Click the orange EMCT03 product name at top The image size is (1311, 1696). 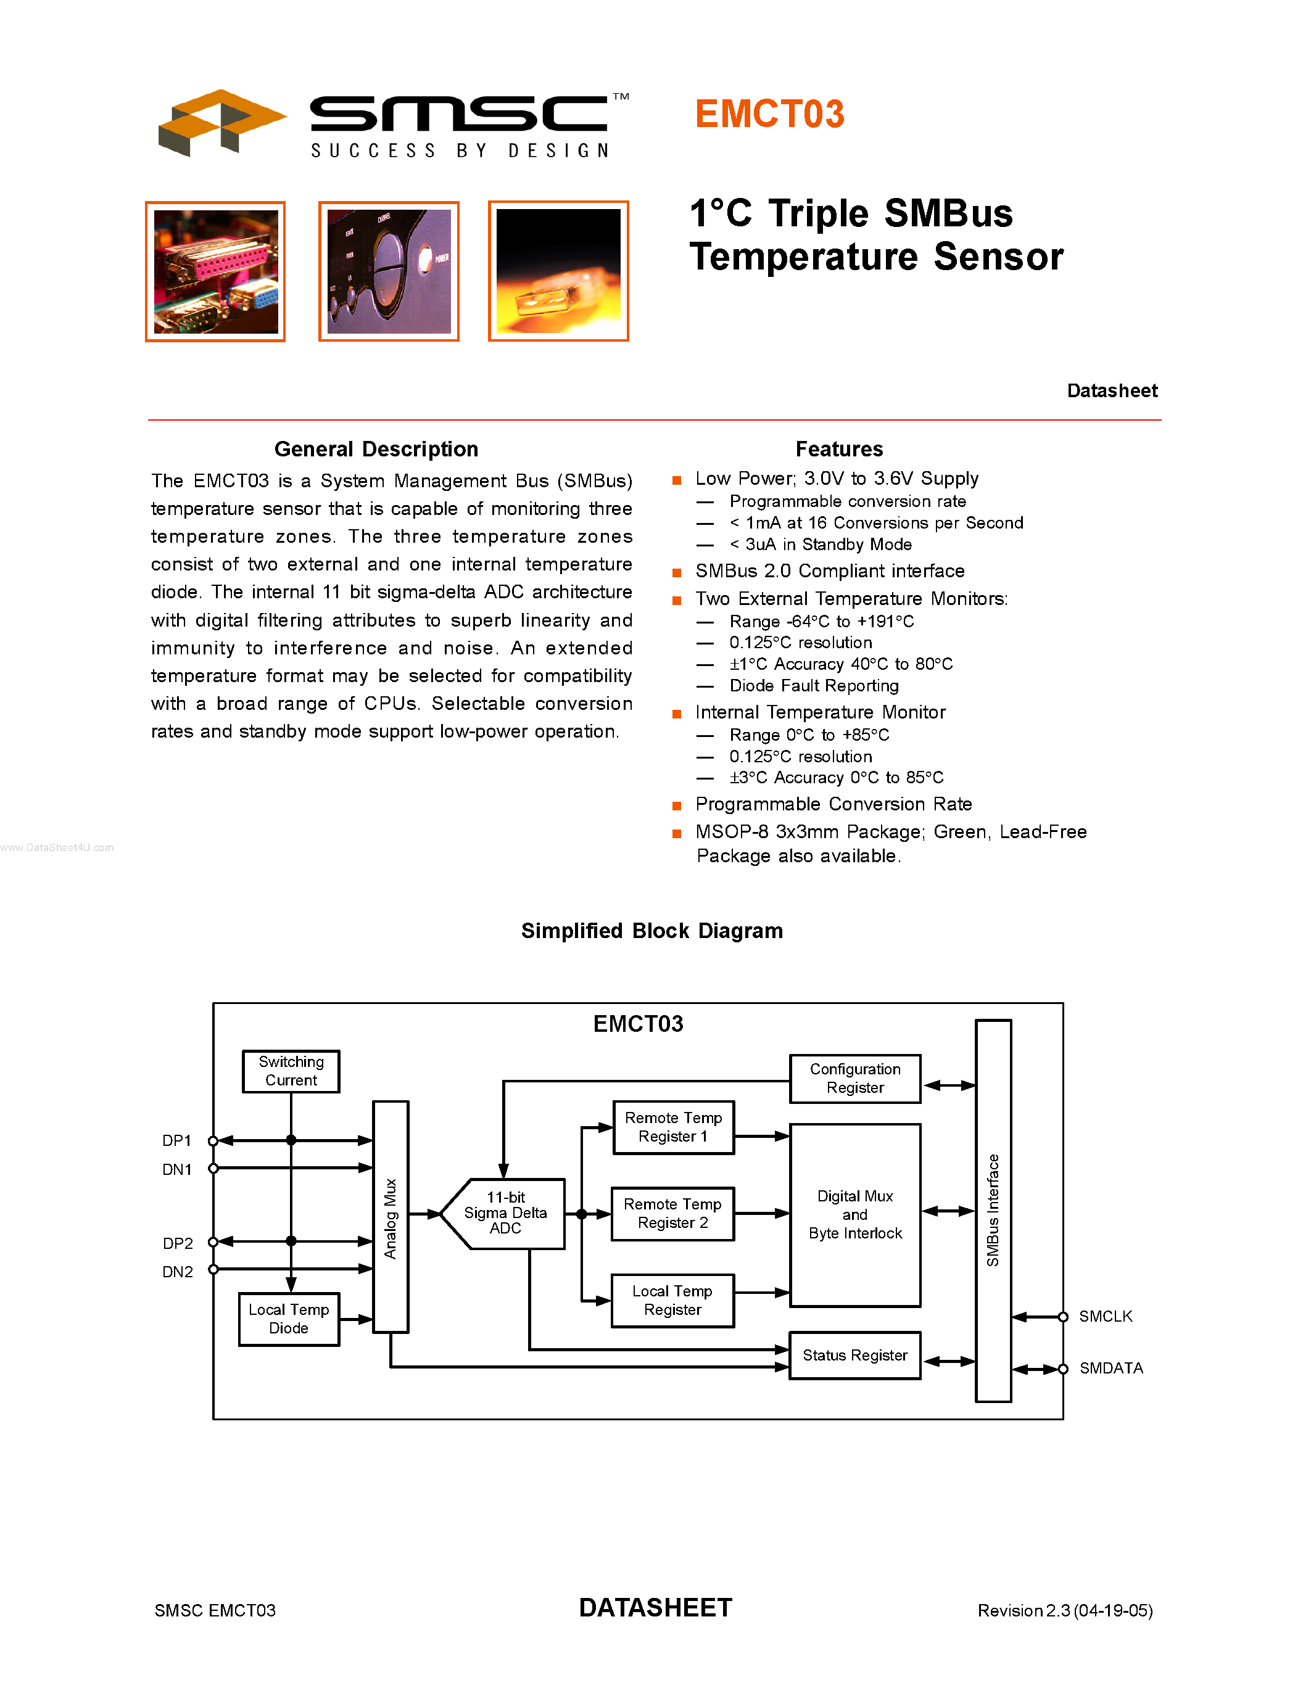(769, 114)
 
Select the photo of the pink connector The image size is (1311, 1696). (215, 272)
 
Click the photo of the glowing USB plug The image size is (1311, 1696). (558, 272)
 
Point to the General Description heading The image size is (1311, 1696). (376, 449)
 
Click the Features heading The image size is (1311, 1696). (839, 449)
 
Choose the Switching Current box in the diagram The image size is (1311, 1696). (291, 1071)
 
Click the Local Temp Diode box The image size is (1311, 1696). (289, 1319)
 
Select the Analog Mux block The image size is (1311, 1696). (391, 1217)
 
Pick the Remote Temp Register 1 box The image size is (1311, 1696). (673, 1127)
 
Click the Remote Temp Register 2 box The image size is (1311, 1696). (672, 1213)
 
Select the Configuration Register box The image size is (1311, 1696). (855, 1079)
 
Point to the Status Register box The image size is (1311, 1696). (855, 1355)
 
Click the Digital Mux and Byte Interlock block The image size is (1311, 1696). (855, 1214)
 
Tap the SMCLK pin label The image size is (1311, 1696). (1105, 1316)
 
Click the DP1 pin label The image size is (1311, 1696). (176, 1140)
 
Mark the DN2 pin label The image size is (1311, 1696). (177, 1271)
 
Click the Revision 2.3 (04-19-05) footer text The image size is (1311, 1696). (1065, 1610)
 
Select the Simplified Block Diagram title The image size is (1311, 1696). (651, 930)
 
